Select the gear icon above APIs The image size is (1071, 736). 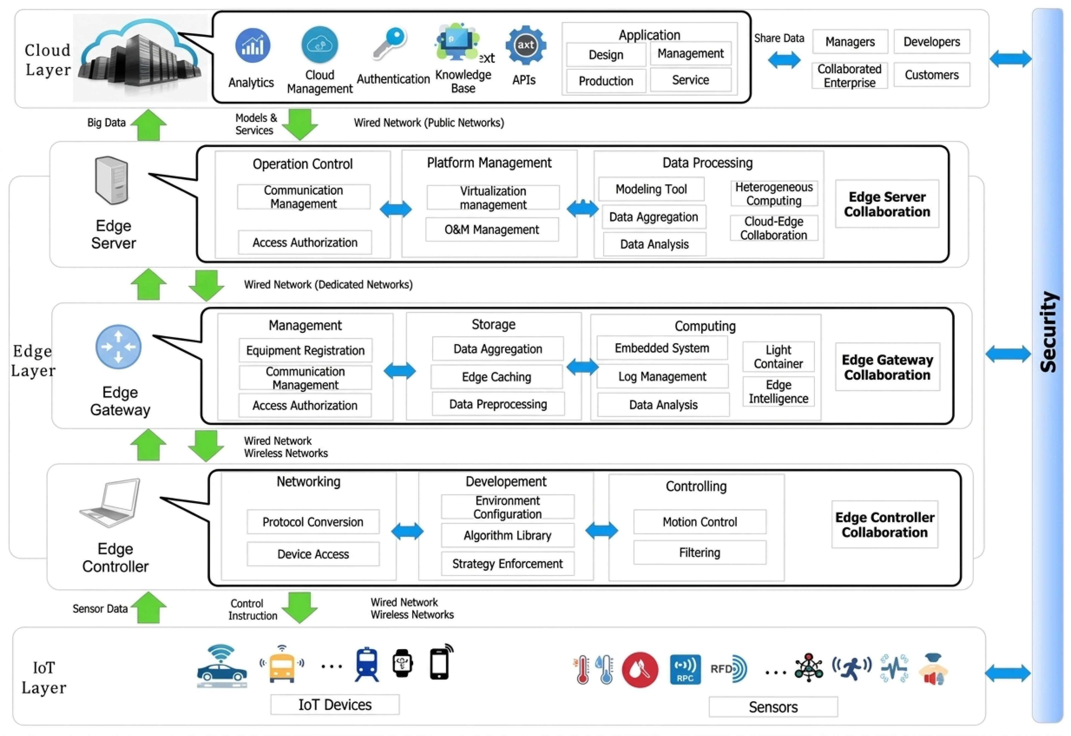click(x=526, y=45)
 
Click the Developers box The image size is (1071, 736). click(x=932, y=41)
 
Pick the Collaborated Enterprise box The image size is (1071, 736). click(x=850, y=76)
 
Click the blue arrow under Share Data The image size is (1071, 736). click(x=784, y=60)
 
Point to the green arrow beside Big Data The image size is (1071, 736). click(x=149, y=124)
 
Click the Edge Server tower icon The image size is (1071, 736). click(x=111, y=180)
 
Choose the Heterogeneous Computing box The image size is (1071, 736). click(x=774, y=194)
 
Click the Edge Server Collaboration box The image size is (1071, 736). click(x=887, y=204)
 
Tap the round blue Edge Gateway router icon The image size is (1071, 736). click(x=118, y=347)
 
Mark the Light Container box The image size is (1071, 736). click(x=778, y=356)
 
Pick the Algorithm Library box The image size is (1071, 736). click(x=507, y=535)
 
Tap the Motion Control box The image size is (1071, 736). click(x=700, y=522)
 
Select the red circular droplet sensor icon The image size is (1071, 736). click(x=640, y=670)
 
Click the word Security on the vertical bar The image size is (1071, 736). click(x=1049, y=332)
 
